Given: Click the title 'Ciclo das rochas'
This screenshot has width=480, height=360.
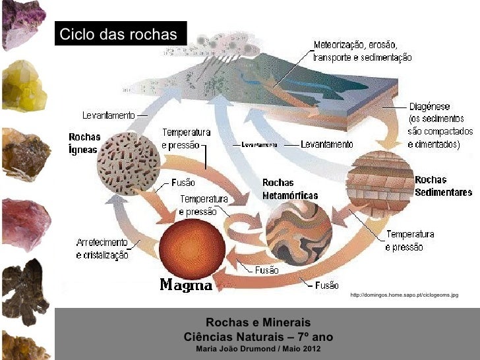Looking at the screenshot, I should (119, 34).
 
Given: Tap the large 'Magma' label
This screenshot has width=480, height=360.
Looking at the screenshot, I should (187, 285).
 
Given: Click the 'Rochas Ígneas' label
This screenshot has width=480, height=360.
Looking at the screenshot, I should (84, 143).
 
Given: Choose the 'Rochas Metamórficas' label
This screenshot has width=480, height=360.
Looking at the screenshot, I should (289, 189).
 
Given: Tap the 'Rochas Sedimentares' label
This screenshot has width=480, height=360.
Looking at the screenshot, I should (443, 186).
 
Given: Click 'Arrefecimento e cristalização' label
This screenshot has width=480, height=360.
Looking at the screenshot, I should (103, 249).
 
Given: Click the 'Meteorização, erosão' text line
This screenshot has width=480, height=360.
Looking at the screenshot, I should (355, 45).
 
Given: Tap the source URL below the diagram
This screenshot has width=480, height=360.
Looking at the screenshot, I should (404, 296).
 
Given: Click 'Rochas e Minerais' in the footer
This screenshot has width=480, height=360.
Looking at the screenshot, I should (258, 322).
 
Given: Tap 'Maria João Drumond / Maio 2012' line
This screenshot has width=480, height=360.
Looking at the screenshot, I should (258, 347).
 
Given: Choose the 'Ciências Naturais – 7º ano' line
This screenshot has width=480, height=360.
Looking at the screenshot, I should (258, 336).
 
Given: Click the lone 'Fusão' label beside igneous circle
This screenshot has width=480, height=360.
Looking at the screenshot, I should (183, 182).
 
